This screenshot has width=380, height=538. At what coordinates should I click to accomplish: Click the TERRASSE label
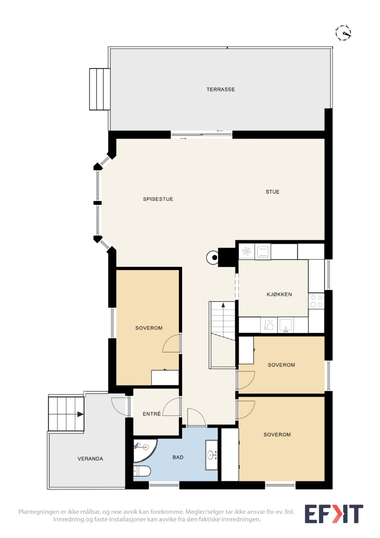tap(221, 89)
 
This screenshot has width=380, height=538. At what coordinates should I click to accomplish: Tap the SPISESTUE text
tap(158, 199)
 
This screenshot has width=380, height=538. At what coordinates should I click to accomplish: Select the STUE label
tap(272, 192)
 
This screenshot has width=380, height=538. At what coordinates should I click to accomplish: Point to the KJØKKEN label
tap(279, 294)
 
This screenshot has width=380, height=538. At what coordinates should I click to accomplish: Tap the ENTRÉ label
tap(152, 414)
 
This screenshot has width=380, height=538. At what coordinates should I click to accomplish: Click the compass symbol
tap(343, 33)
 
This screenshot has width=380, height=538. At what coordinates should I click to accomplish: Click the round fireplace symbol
tap(212, 257)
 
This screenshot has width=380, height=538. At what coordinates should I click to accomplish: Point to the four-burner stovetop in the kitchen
tap(316, 301)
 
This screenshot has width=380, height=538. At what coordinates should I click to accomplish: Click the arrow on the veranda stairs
tap(80, 414)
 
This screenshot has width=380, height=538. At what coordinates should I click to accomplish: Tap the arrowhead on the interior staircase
tap(223, 305)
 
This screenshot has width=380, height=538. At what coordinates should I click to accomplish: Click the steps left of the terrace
tap(100, 89)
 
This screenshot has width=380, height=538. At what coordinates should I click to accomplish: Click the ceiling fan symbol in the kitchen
tap(246, 252)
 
